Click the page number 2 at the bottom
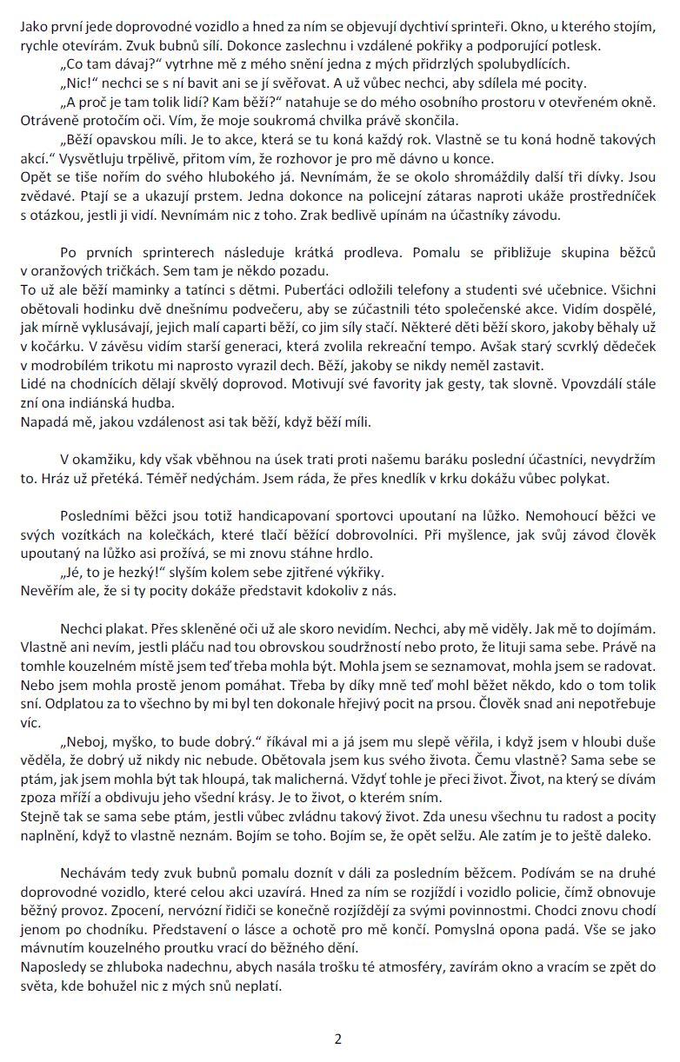(x=339, y=1039)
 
